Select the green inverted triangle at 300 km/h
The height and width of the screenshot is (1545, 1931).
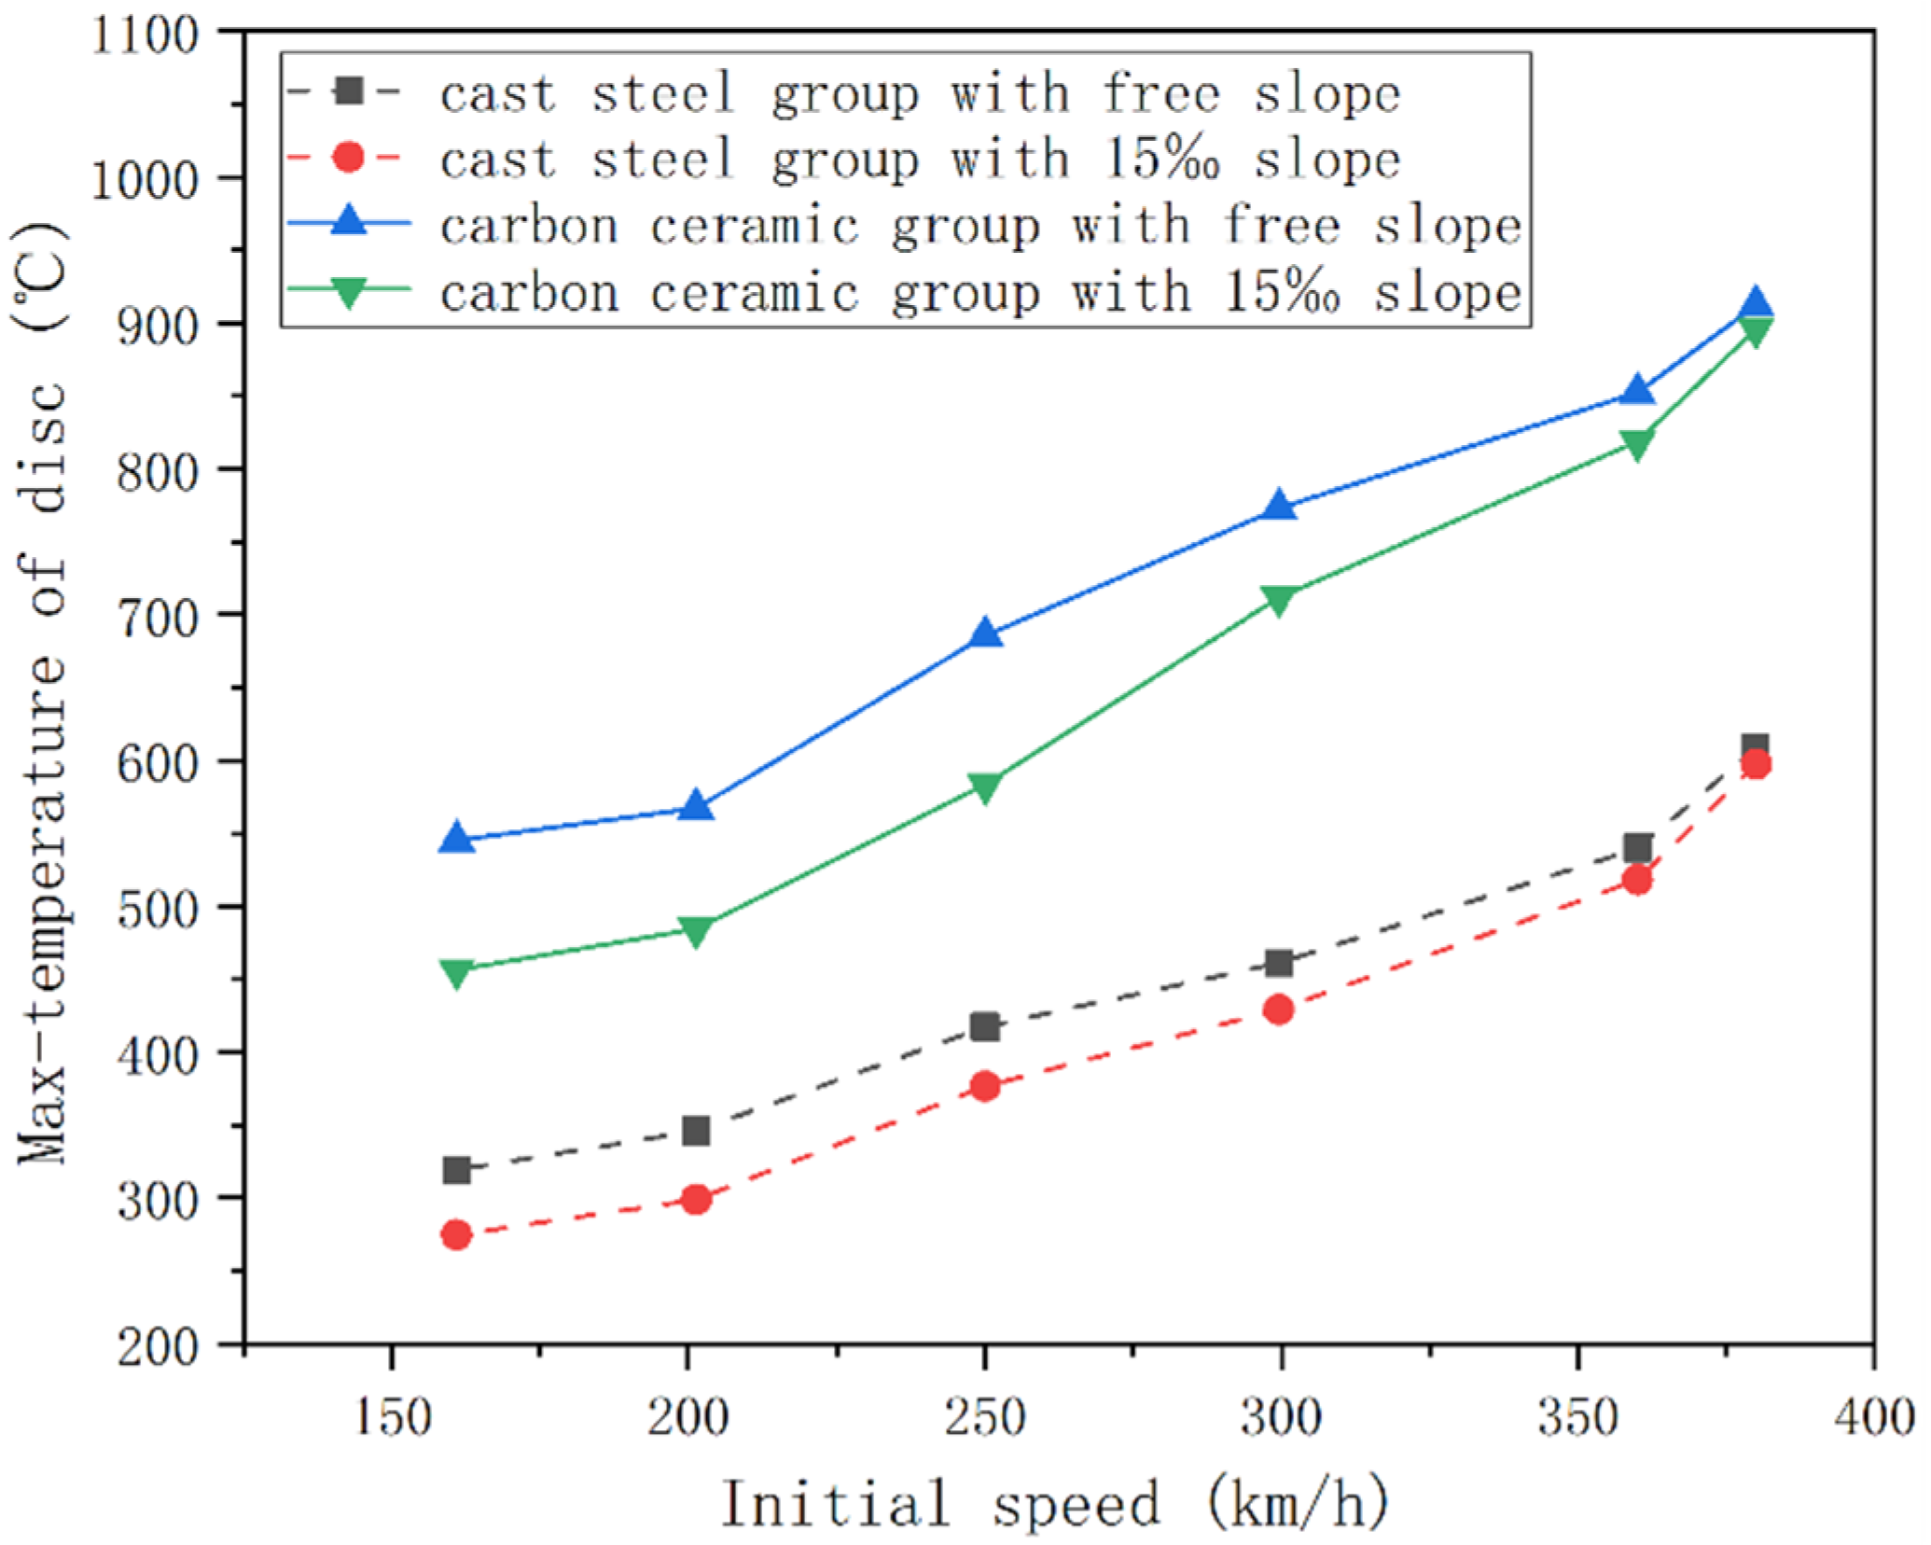[1279, 599]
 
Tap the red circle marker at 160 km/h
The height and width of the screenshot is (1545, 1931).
[456, 1235]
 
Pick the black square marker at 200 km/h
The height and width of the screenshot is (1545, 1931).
[696, 1131]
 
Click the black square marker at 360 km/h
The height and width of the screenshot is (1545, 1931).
[1637, 848]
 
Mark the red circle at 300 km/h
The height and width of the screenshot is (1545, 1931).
[1279, 1009]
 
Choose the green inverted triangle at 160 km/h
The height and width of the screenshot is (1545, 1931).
[456, 973]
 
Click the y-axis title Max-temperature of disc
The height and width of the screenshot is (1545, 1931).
[42, 690]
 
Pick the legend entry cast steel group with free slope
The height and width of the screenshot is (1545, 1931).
[919, 93]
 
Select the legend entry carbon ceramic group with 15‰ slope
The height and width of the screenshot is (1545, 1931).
[979, 293]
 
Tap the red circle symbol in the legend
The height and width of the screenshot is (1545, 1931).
[348, 158]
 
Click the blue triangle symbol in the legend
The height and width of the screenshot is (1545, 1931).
[348, 223]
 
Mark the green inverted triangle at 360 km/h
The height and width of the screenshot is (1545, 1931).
[1637, 444]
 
